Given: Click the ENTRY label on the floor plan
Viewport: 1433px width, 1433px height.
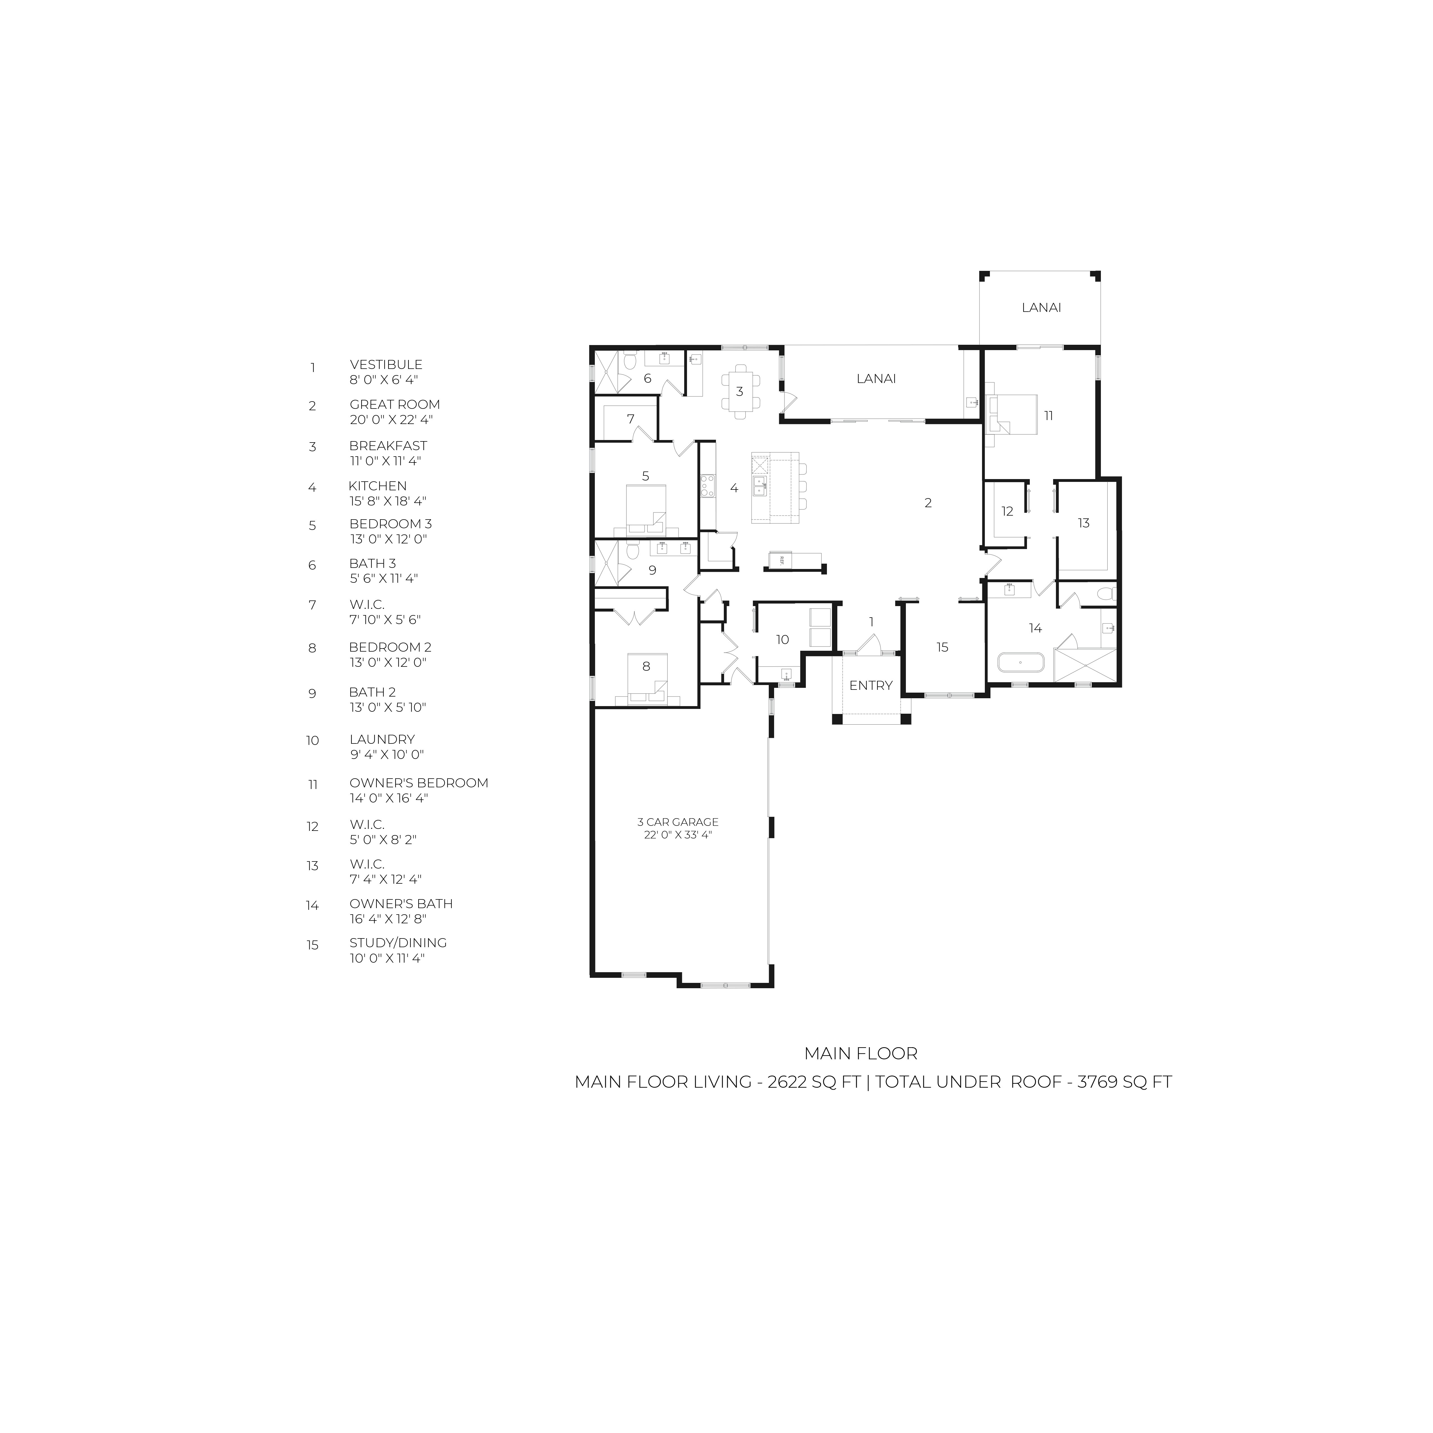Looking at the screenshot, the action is tap(871, 685).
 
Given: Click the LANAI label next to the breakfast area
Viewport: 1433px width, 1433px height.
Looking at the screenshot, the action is tap(876, 378).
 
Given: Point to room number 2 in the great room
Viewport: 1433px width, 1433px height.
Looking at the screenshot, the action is tap(928, 503).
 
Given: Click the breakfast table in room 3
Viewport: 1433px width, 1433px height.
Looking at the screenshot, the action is tap(740, 391).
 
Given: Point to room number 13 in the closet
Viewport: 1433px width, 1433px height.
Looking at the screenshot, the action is tap(1084, 523).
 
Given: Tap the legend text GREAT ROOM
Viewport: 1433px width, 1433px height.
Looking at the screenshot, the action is tap(394, 404).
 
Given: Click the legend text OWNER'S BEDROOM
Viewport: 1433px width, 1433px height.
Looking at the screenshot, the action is tap(419, 783).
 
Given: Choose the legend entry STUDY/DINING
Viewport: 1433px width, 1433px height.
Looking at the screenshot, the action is tap(398, 943).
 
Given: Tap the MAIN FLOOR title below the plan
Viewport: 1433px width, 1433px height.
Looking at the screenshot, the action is tap(861, 1053).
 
